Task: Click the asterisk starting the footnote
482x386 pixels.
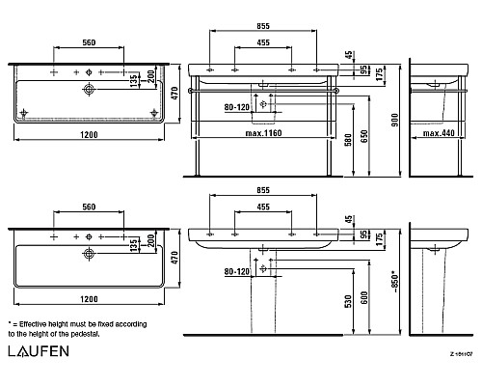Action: [10, 323]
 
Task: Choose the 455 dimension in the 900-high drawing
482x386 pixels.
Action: [262, 42]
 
